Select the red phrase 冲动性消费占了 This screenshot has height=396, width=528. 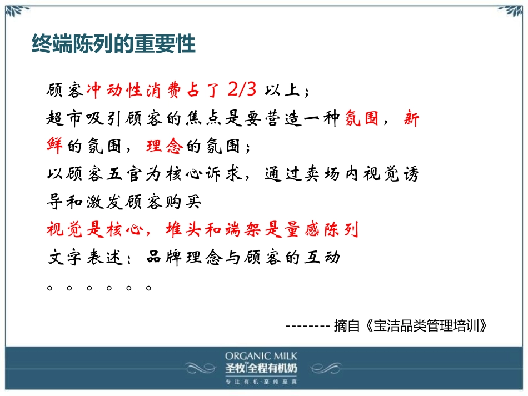tap(154, 89)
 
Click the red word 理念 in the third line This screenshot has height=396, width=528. tap(164, 146)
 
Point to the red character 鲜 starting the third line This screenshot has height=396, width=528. tap(54, 146)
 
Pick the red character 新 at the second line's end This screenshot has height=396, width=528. tap(411, 118)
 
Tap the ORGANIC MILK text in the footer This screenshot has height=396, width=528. tap(261, 356)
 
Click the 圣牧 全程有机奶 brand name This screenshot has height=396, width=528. tap(261, 368)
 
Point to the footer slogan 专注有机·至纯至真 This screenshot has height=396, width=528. tap(261, 382)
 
